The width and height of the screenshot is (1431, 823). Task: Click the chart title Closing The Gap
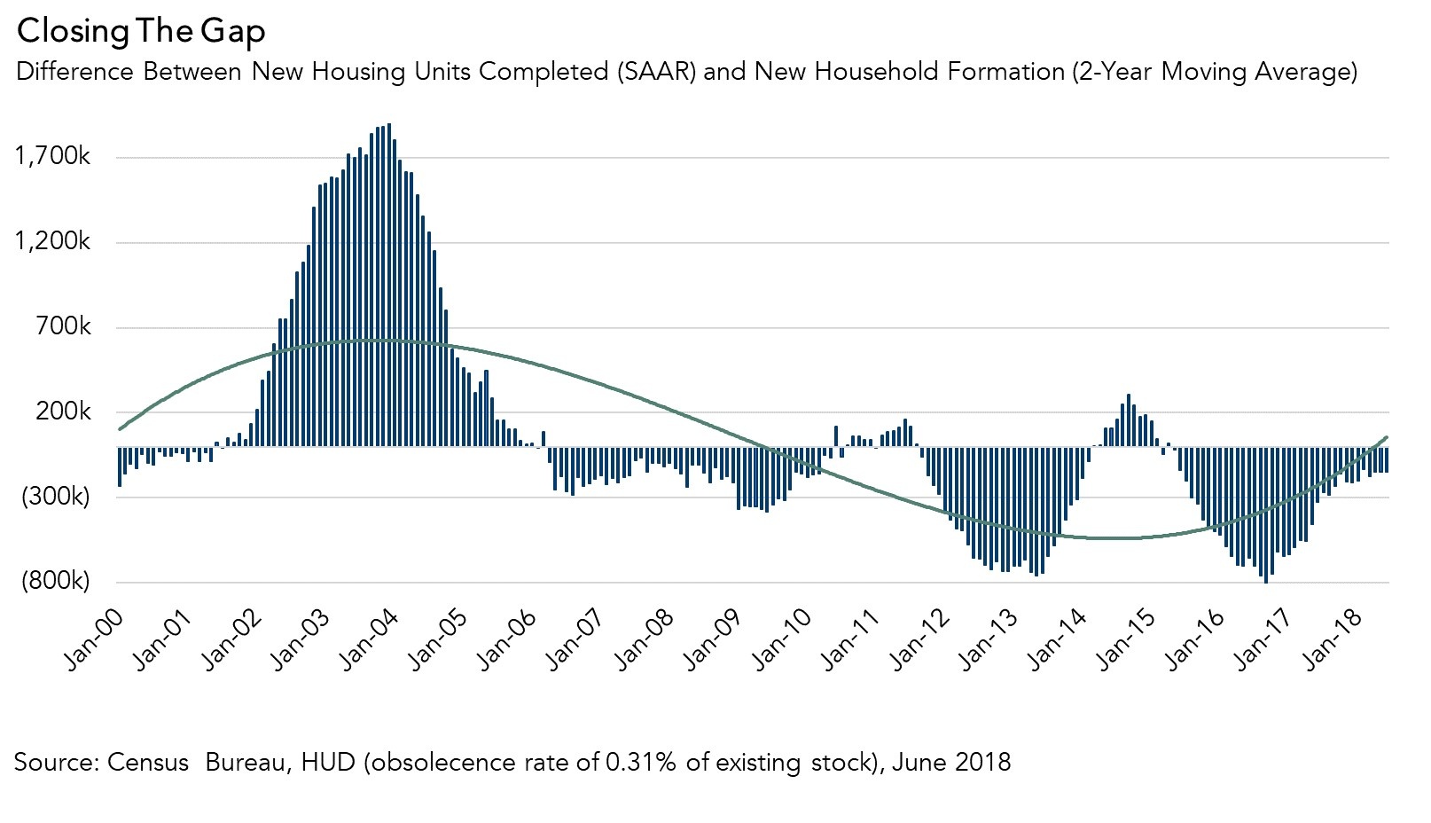tap(140, 31)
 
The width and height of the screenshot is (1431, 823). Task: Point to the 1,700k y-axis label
tap(53, 157)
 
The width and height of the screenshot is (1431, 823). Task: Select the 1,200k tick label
tap(53, 241)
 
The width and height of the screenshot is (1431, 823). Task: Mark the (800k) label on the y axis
tap(55, 581)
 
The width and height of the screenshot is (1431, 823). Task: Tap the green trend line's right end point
tap(1387, 437)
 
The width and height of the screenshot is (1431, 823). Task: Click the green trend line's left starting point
tap(120, 429)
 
